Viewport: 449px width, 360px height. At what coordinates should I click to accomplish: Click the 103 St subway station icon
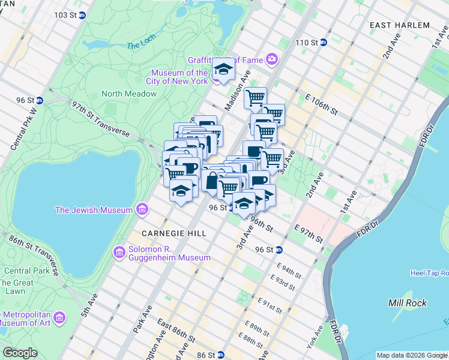(x=82, y=15)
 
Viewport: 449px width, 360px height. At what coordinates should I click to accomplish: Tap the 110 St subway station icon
(x=323, y=42)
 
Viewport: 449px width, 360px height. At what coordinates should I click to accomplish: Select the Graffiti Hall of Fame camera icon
(x=272, y=58)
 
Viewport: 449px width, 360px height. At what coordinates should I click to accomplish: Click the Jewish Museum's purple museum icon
(x=142, y=209)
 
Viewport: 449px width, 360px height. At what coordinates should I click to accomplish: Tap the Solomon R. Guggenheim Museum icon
(x=119, y=252)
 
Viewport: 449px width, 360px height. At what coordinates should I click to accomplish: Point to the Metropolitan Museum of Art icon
(x=59, y=317)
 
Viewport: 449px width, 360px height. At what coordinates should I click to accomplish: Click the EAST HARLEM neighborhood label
(x=400, y=25)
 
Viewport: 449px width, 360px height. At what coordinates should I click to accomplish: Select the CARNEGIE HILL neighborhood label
(x=174, y=233)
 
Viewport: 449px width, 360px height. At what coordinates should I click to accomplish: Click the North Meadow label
(x=129, y=94)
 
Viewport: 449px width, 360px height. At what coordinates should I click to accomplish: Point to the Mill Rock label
(x=408, y=303)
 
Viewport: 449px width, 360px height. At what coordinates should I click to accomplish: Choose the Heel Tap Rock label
(x=421, y=273)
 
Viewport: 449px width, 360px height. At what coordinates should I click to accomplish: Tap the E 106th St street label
(x=318, y=104)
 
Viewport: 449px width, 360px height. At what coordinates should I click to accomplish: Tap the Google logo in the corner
(x=20, y=352)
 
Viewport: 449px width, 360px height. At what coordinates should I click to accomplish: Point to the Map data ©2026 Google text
(x=411, y=355)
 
